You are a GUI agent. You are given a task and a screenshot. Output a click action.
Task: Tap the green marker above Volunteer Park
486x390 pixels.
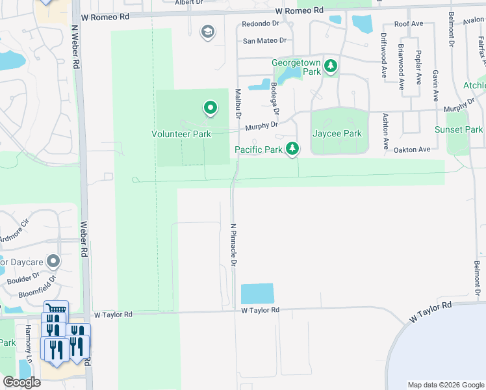click(210, 108)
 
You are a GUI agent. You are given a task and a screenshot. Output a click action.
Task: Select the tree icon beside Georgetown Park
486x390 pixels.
click(331, 66)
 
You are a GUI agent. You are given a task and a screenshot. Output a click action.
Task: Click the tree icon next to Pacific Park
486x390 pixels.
click(293, 149)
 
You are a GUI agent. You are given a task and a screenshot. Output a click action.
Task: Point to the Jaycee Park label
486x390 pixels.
click(337, 133)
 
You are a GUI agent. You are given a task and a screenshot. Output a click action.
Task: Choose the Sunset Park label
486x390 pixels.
click(459, 129)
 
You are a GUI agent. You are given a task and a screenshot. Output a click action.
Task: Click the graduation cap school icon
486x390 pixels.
click(208, 32)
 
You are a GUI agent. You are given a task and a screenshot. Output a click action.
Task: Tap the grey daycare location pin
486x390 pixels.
click(53, 262)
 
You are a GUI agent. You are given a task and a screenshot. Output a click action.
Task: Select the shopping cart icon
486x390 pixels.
click(55, 309)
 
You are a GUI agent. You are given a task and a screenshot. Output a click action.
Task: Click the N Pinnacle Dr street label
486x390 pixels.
click(233, 245)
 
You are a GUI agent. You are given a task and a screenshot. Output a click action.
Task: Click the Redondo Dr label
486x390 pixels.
click(260, 23)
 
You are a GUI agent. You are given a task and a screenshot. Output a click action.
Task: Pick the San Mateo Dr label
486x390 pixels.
click(264, 40)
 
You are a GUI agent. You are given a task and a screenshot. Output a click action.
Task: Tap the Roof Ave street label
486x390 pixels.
click(409, 23)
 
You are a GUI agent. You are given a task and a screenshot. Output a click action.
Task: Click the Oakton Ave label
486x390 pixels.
click(412, 149)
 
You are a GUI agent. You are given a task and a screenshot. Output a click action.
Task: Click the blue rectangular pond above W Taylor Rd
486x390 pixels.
click(257, 294)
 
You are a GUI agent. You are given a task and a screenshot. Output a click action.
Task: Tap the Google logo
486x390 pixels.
click(21, 382)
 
